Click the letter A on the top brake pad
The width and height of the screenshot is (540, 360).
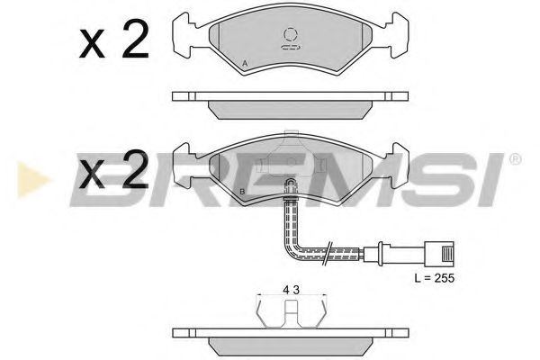click(x=245, y=62)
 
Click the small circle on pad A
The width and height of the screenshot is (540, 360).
click(x=290, y=34)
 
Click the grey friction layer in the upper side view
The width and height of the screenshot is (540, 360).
click(x=290, y=108)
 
